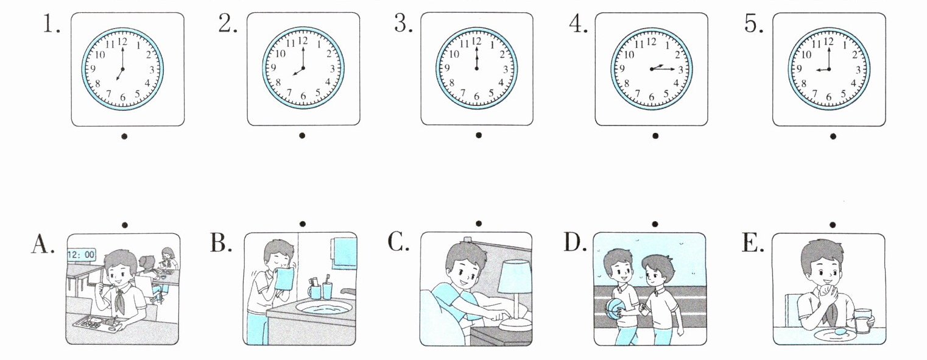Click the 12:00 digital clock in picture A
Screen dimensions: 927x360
tap(81, 255)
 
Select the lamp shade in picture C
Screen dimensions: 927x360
tap(515, 277)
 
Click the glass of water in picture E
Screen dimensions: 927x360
tap(862, 320)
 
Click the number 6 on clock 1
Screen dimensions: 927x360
tap(123, 97)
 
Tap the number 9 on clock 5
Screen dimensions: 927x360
tap(799, 69)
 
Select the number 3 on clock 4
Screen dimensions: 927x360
tap(681, 70)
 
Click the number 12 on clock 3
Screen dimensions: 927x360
tap(476, 41)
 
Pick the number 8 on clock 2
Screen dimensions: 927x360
tap(278, 83)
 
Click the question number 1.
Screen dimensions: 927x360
tap(51, 25)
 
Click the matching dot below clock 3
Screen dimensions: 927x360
tap(479, 135)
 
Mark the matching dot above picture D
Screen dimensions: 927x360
tap(655, 224)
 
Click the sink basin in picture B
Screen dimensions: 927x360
tap(323, 307)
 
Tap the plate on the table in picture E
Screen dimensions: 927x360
tap(835, 334)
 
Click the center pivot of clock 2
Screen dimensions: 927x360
tap(303, 68)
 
